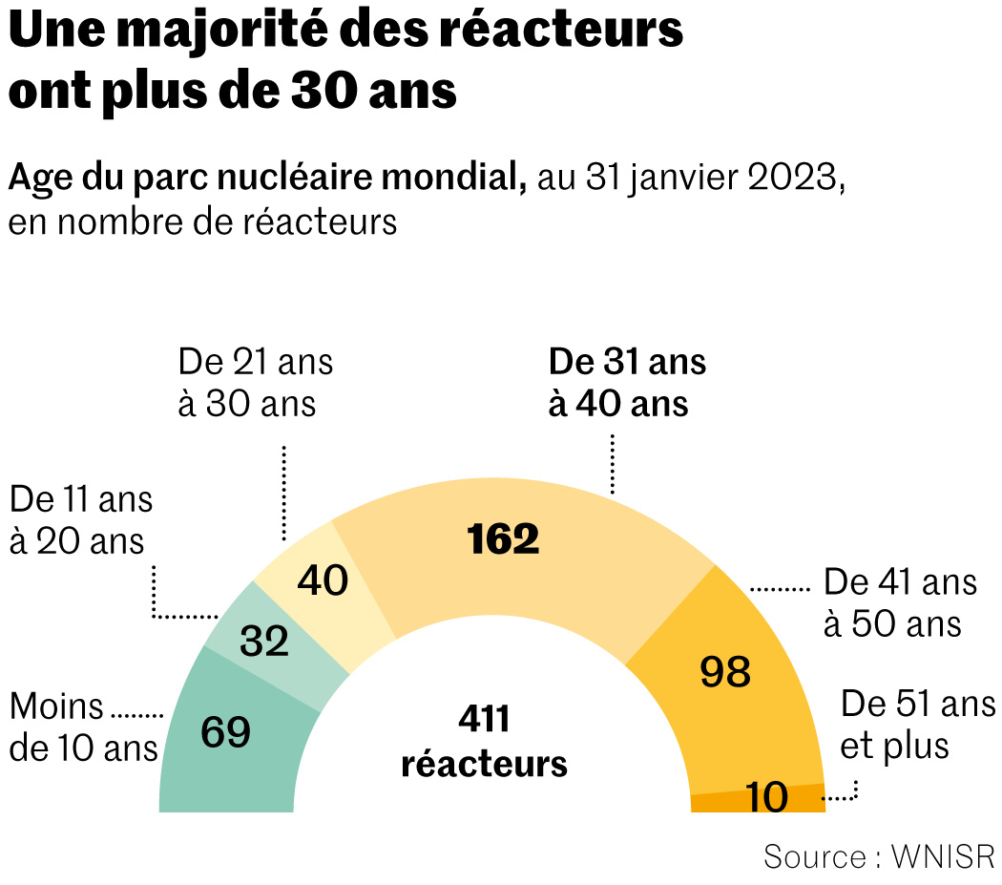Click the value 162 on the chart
503,539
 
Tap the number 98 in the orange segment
725,672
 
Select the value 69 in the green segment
226,732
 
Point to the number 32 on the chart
264,642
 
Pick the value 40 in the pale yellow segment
323,580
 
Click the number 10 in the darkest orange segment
766,797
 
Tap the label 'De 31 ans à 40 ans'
627,383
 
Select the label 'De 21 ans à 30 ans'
255,383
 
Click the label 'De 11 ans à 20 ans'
80,520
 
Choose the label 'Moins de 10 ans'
83,727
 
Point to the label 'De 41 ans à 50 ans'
900,603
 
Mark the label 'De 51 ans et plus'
917,725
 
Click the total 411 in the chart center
484,720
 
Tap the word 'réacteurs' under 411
484,764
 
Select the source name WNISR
942,856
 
